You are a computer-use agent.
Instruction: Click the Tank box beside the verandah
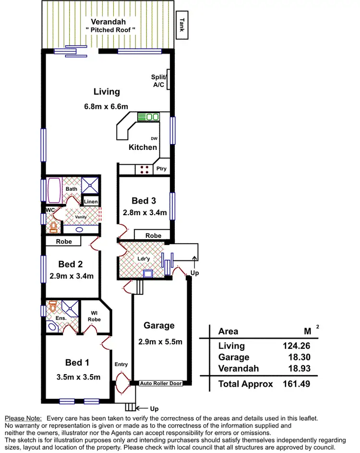[x=182, y=24]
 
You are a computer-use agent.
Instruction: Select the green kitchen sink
[x=149, y=117]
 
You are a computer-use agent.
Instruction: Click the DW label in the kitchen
[x=154, y=139]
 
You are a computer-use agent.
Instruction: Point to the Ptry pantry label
[x=161, y=169]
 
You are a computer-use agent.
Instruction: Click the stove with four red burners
[x=144, y=169]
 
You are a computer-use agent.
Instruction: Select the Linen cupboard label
[x=90, y=201]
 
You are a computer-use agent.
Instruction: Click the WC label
[x=50, y=210]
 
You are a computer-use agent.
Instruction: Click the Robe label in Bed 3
[x=153, y=236]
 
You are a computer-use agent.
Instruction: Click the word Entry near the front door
[x=121, y=364]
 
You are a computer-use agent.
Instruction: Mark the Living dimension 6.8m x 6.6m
[x=106, y=107]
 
